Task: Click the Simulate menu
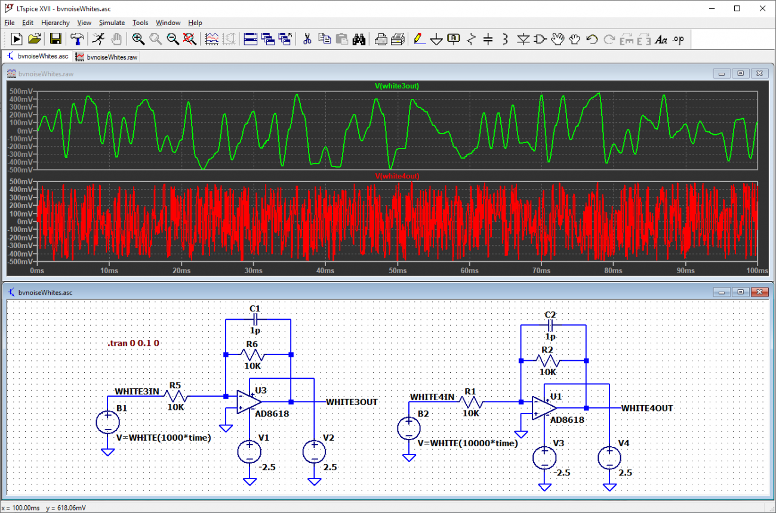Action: click(x=112, y=23)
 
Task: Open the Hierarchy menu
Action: click(x=55, y=23)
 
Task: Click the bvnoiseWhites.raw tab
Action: click(x=107, y=57)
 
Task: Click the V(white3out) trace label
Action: click(x=397, y=86)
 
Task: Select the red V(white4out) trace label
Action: click(x=397, y=176)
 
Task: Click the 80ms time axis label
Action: click(x=613, y=271)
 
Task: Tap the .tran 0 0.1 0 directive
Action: click(x=133, y=343)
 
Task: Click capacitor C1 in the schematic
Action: click(x=255, y=320)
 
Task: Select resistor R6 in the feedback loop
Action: click(x=252, y=355)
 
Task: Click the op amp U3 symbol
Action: click(x=249, y=402)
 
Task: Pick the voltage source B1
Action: click(x=107, y=422)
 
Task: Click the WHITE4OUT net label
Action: click(x=647, y=408)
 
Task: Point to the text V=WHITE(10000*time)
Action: click(x=467, y=443)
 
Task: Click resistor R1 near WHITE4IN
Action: click(x=471, y=402)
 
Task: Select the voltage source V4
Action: click(x=609, y=458)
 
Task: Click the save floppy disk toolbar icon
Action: click(x=56, y=39)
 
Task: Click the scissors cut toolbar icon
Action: click(x=307, y=39)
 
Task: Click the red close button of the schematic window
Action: click(x=759, y=292)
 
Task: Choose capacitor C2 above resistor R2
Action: click(x=550, y=325)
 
